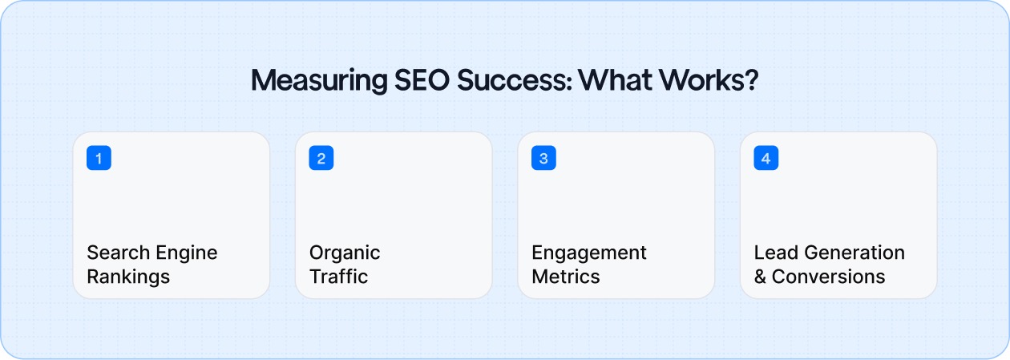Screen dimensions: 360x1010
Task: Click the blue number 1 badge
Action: click(99, 158)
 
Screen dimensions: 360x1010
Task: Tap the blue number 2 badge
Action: click(321, 158)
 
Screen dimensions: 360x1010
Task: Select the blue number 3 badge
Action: click(543, 158)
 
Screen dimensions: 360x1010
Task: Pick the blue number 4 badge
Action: click(766, 158)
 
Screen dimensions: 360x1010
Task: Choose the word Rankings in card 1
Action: click(128, 277)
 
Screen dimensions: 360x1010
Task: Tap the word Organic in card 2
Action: click(345, 253)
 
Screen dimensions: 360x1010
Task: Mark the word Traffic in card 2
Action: click(338, 277)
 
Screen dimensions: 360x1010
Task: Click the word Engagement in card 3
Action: click(589, 253)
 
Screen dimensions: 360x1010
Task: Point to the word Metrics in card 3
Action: click(566, 277)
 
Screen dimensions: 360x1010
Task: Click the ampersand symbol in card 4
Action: click(760, 277)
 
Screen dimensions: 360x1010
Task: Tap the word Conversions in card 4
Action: click(829, 277)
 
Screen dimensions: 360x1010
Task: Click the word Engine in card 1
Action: click(186, 253)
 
